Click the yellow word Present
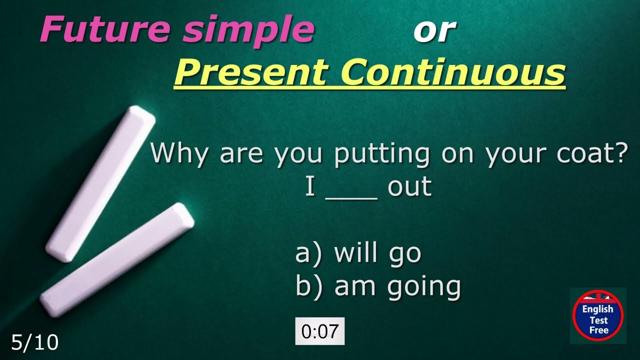[250, 73]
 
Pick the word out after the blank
[409, 187]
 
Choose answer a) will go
[358, 253]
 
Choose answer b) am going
[378, 287]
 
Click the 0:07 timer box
[320, 331]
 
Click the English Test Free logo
[597, 316]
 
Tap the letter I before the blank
[310, 187]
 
